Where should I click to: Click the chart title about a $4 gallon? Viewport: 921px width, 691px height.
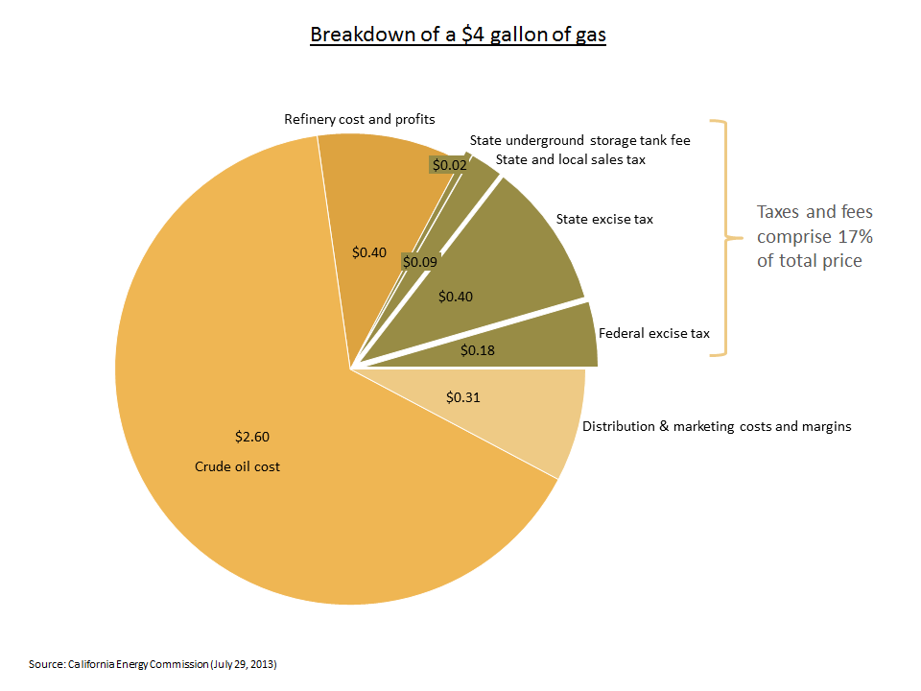click(458, 36)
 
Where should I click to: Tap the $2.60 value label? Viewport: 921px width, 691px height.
click(252, 437)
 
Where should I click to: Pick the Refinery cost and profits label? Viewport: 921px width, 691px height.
click(360, 119)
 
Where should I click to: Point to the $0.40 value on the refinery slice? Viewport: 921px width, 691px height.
click(369, 252)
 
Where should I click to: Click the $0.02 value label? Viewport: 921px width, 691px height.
click(449, 165)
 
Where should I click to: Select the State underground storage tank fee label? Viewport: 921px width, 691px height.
click(579, 140)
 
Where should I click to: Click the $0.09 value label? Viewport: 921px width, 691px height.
click(419, 261)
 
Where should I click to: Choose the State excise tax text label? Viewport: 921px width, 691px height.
click(604, 219)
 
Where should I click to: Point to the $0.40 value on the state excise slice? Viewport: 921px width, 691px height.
click(455, 297)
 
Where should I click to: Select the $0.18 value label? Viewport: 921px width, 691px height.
click(478, 350)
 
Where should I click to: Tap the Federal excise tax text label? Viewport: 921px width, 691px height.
click(653, 333)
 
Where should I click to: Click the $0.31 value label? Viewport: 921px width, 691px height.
click(464, 395)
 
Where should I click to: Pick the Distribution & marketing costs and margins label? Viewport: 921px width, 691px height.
click(717, 426)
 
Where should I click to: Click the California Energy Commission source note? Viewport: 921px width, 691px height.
click(158, 664)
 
